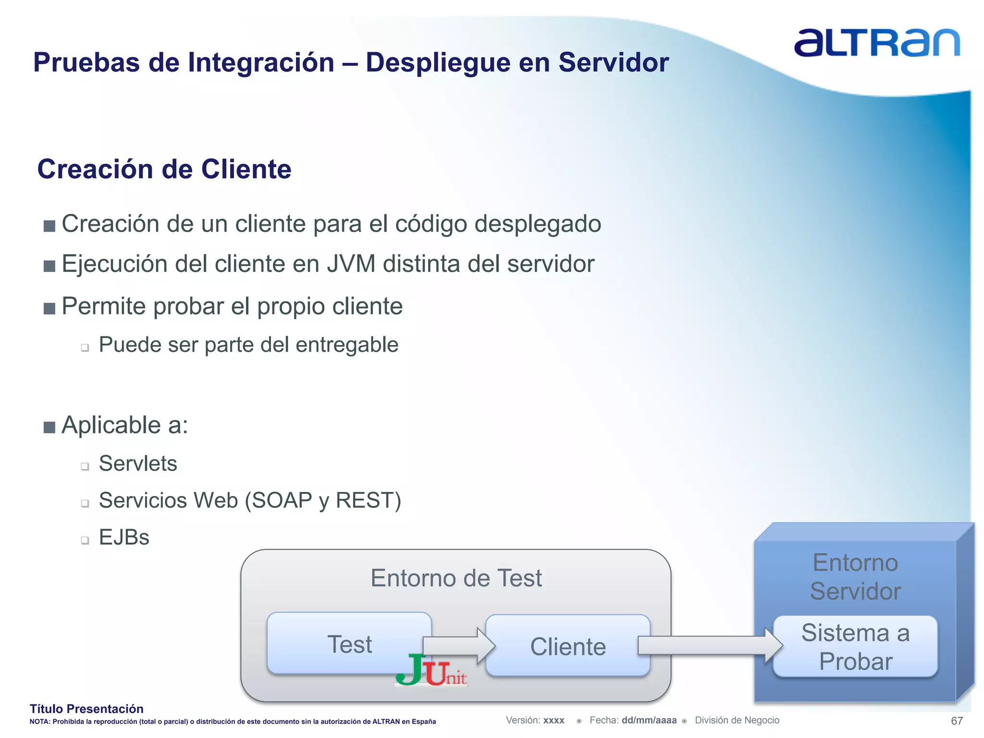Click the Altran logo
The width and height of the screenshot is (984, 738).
click(876, 43)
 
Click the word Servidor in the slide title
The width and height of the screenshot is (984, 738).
click(614, 62)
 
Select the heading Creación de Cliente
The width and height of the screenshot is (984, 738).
click(164, 169)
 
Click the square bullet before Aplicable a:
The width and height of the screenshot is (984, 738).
click(49, 427)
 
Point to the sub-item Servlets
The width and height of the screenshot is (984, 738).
click(138, 464)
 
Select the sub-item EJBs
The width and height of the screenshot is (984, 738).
click(124, 537)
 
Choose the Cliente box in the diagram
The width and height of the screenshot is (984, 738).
click(568, 646)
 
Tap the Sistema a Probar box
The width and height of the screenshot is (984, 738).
click(855, 647)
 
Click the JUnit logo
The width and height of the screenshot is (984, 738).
click(431, 671)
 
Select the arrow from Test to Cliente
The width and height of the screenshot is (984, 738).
click(459, 645)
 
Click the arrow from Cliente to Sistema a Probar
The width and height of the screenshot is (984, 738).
click(709, 645)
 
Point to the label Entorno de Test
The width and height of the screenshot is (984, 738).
click(456, 578)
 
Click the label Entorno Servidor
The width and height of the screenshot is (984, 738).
click(855, 577)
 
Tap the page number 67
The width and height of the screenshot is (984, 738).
click(957, 721)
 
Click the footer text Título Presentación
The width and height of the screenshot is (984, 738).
click(86, 709)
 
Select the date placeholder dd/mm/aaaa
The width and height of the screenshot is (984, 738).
click(649, 720)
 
